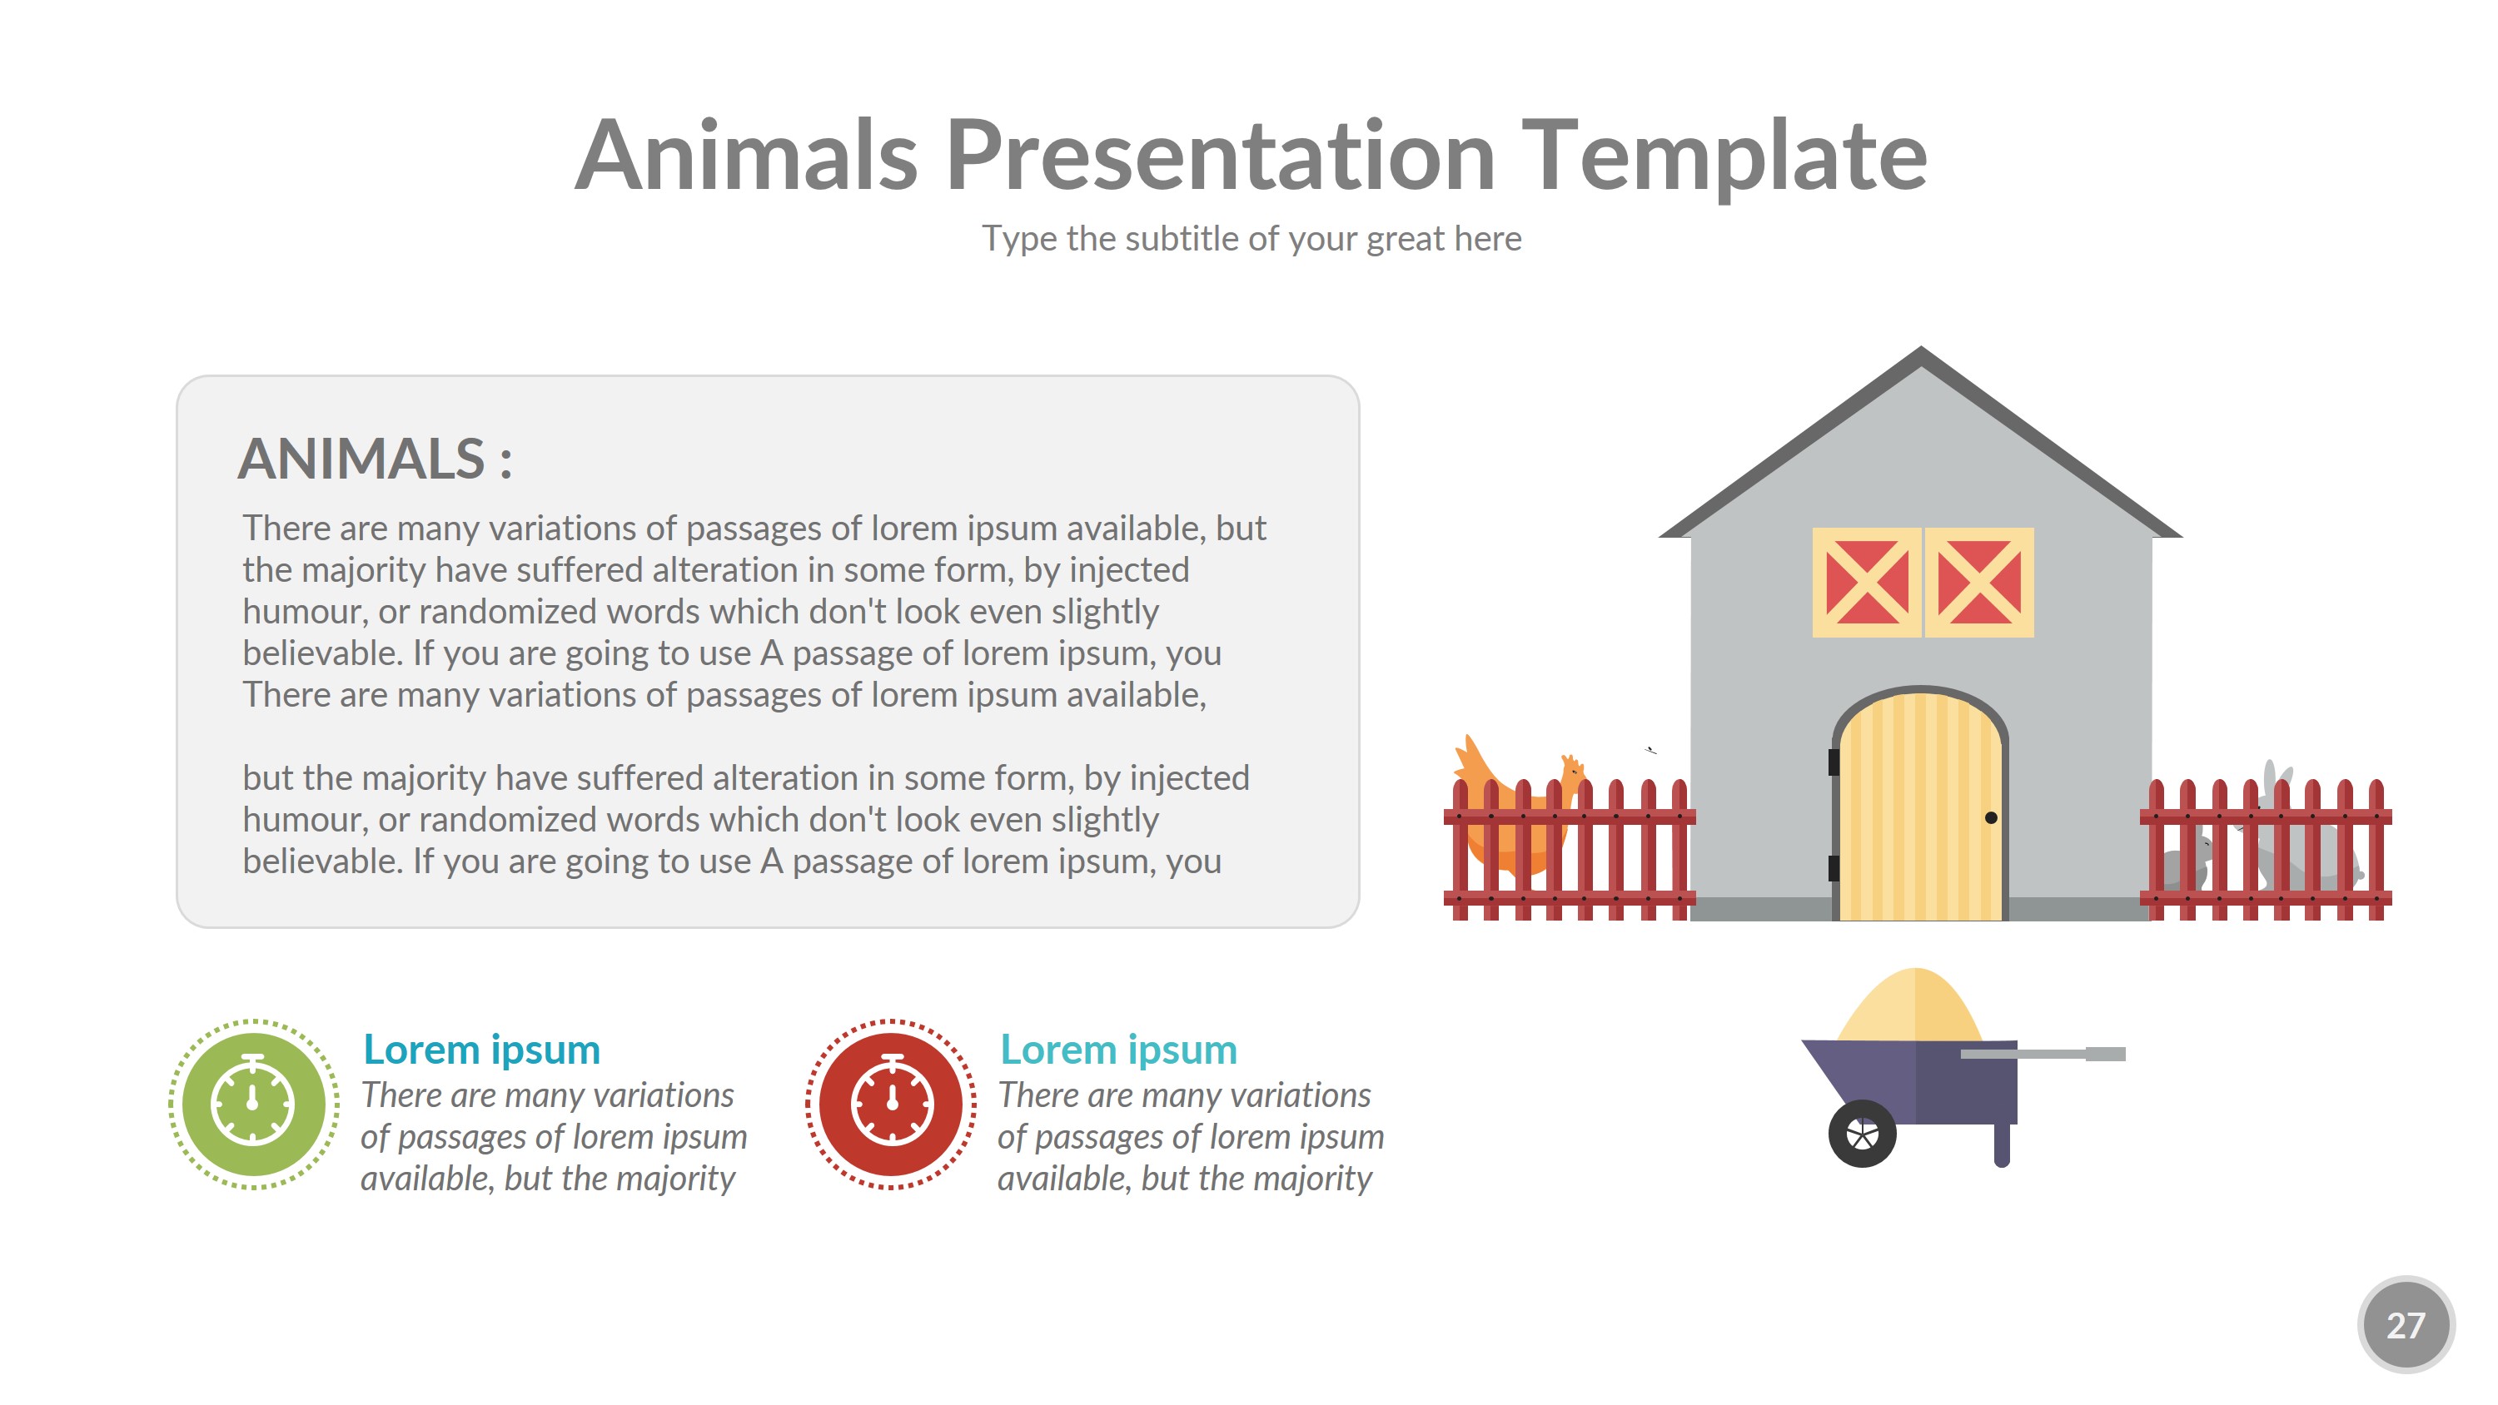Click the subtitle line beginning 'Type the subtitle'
coord(1251,239)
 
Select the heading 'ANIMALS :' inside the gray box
coord(375,459)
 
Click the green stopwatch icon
coord(253,1104)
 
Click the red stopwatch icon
coord(891,1104)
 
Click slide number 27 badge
coord(2405,1324)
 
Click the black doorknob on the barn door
coord(1991,817)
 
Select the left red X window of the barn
coord(1867,582)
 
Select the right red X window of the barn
coord(1979,582)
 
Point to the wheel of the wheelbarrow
coord(1862,1134)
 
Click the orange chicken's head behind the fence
coord(1572,769)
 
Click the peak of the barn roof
coord(1921,355)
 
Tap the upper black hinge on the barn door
coord(1834,762)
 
